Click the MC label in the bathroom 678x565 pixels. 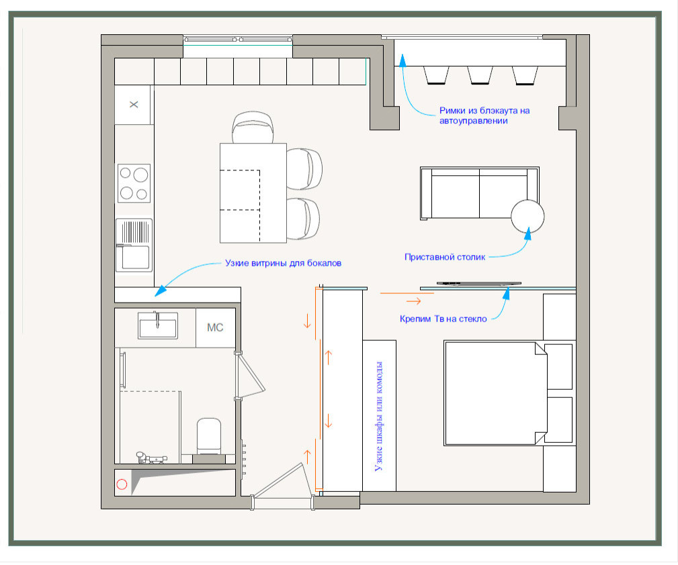pos(215,327)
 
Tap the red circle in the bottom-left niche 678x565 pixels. pos(122,484)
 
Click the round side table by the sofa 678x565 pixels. pos(527,217)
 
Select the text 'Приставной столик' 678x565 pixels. pos(445,257)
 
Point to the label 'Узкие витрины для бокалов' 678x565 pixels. pos(283,263)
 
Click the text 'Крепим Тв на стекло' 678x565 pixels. pos(443,319)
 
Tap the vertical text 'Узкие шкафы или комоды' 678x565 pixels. pos(378,416)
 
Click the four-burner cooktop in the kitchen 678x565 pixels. pos(134,183)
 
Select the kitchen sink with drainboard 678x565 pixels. pos(134,246)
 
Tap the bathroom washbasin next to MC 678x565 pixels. pos(158,325)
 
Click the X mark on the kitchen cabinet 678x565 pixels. pos(134,104)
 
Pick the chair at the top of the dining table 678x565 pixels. pos(253,127)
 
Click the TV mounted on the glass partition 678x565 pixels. pos(478,284)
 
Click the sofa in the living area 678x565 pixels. pos(480,193)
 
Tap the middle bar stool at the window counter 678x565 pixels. pos(480,75)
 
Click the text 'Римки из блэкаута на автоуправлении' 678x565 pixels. pos(484,115)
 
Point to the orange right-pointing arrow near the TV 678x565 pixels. pos(414,301)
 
